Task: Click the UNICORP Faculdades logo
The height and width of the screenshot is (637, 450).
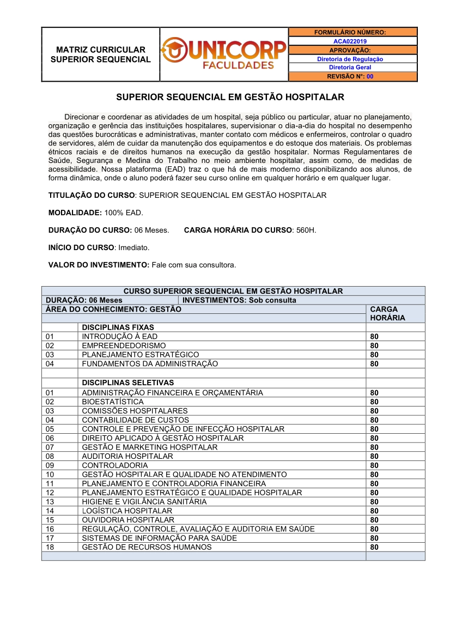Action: pyautogui.click(x=224, y=54)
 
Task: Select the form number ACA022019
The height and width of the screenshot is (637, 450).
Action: pyautogui.click(x=350, y=41)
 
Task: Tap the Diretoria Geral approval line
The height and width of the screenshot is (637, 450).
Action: pyautogui.click(x=350, y=68)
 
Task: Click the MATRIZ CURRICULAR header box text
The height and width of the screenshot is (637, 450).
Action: pyautogui.click(x=101, y=54)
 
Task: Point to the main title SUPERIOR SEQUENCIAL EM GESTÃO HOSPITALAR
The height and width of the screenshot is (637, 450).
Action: pyautogui.click(x=230, y=98)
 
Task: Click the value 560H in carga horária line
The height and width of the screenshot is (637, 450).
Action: pyautogui.click(x=306, y=230)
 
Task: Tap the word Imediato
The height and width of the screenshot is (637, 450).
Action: pyautogui.click(x=133, y=247)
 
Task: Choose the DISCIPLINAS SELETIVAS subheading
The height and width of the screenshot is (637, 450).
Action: pyautogui.click(x=128, y=383)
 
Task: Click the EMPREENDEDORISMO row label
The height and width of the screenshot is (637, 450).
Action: pyautogui.click(x=124, y=345)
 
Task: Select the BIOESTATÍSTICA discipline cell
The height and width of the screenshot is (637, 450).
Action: pyautogui.click(x=113, y=402)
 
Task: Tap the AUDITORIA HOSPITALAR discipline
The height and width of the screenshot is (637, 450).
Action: pyautogui.click(x=127, y=456)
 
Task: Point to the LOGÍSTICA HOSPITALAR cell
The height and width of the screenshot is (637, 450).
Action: pyautogui.click(x=127, y=511)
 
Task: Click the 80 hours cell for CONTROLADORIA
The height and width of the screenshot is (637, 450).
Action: pyautogui.click(x=374, y=465)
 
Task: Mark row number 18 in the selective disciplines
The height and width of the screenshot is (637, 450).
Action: pyautogui.click(x=50, y=547)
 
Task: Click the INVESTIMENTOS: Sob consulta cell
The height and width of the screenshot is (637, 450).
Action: pyautogui.click(x=240, y=300)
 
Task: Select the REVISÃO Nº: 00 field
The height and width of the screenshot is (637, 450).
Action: pyautogui.click(x=350, y=77)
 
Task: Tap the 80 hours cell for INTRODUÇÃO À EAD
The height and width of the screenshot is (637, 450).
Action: pyautogui.click(x=374, y=337)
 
